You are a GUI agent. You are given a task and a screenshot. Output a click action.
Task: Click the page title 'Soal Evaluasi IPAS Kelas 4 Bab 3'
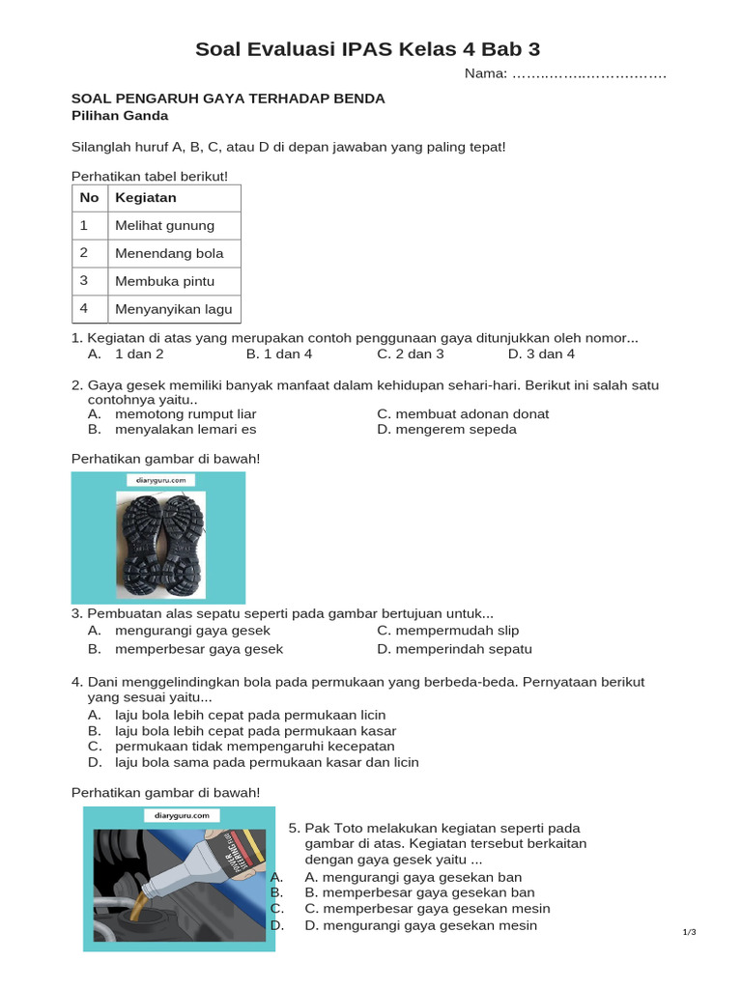(x=375, y=49)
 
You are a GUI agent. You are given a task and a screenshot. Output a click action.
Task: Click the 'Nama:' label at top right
(x=485, y=74)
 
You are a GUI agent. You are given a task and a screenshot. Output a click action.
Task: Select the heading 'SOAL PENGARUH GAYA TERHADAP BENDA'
(x=229, y=99)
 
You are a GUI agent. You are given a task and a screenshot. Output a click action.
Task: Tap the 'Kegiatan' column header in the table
(x=146, y=198)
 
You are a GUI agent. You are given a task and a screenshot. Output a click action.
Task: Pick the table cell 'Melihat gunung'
(x=164, y=226)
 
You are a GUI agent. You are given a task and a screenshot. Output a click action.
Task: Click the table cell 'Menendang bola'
(x=169, y=254)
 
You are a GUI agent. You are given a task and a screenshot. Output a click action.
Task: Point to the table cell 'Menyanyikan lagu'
(x=173, y=310)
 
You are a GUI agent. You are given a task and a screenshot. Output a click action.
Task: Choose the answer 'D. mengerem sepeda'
(x=446, y=430)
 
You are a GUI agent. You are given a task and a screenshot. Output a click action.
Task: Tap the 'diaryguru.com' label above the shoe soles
(x=160, y=480)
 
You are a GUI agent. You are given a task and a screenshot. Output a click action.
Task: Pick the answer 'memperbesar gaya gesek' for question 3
(x=199, y=650)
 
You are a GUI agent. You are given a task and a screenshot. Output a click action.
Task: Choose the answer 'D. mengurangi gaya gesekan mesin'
(x=420, y=926)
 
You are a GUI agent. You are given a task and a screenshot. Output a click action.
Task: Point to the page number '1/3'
(x=689, y=932)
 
